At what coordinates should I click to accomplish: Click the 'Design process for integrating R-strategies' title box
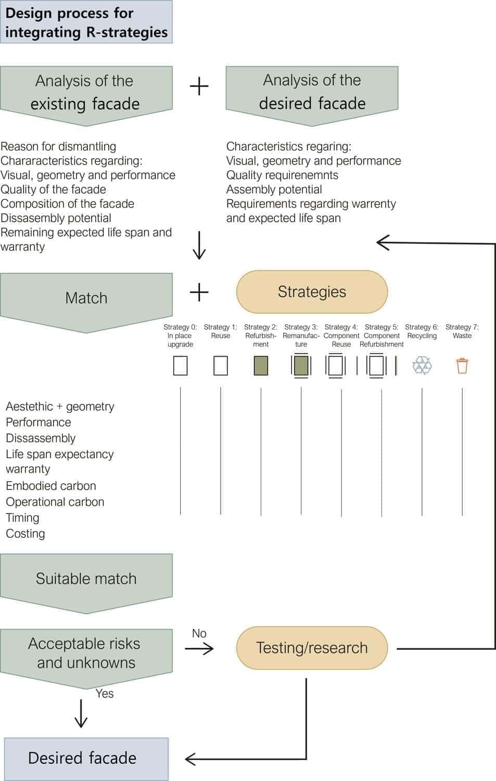pos(86,22)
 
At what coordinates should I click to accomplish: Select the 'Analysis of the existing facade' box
pos(86,92)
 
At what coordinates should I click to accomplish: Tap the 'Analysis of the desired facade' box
pos(312,92)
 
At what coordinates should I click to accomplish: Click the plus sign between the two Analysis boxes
pos(199,86)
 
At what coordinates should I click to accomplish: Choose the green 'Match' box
pos(86,298)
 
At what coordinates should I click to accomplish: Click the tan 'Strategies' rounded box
pos(312,292)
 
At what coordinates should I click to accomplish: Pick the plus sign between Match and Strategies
pos(199,292)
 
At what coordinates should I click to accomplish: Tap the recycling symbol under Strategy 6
pos(422,366)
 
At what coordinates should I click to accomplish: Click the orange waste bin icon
pos(462,366)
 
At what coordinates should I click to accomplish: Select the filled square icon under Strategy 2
pos(261,366)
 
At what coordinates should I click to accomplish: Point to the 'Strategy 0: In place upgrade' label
pos(180,335)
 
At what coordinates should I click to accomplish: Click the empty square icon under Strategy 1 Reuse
pos(221,366)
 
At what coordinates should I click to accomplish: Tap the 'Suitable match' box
pos(86,578)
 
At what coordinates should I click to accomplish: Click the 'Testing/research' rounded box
pos(312,648)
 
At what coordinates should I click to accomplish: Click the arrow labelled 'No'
pos(199,648)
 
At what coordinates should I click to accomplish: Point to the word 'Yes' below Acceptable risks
pos(105,694)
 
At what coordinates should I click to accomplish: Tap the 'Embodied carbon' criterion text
pos(51,486)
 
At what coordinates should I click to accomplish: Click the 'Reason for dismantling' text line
pos(58,146)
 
